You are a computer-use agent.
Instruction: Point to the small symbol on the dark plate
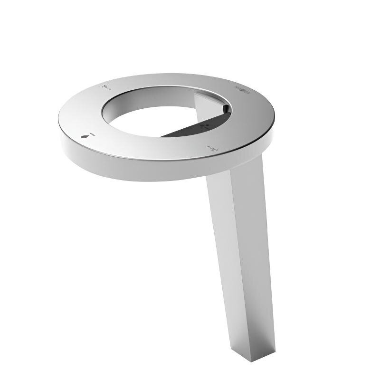pos(205,127)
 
